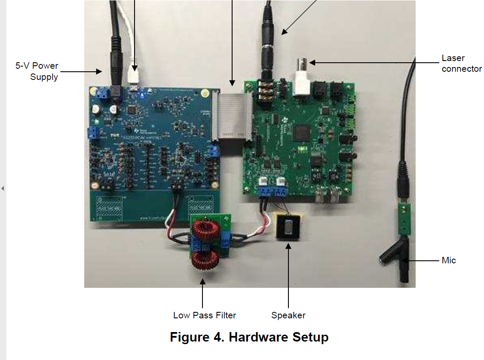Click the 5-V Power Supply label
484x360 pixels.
pos(37,71)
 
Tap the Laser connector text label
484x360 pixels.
pos(461,63)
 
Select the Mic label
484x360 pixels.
pos(448,260)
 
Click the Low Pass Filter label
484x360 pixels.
pos(205,315)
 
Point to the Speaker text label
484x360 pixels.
pos(288,315)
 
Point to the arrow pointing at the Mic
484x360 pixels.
pos(423,260)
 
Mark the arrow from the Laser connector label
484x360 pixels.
pos(374,63)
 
